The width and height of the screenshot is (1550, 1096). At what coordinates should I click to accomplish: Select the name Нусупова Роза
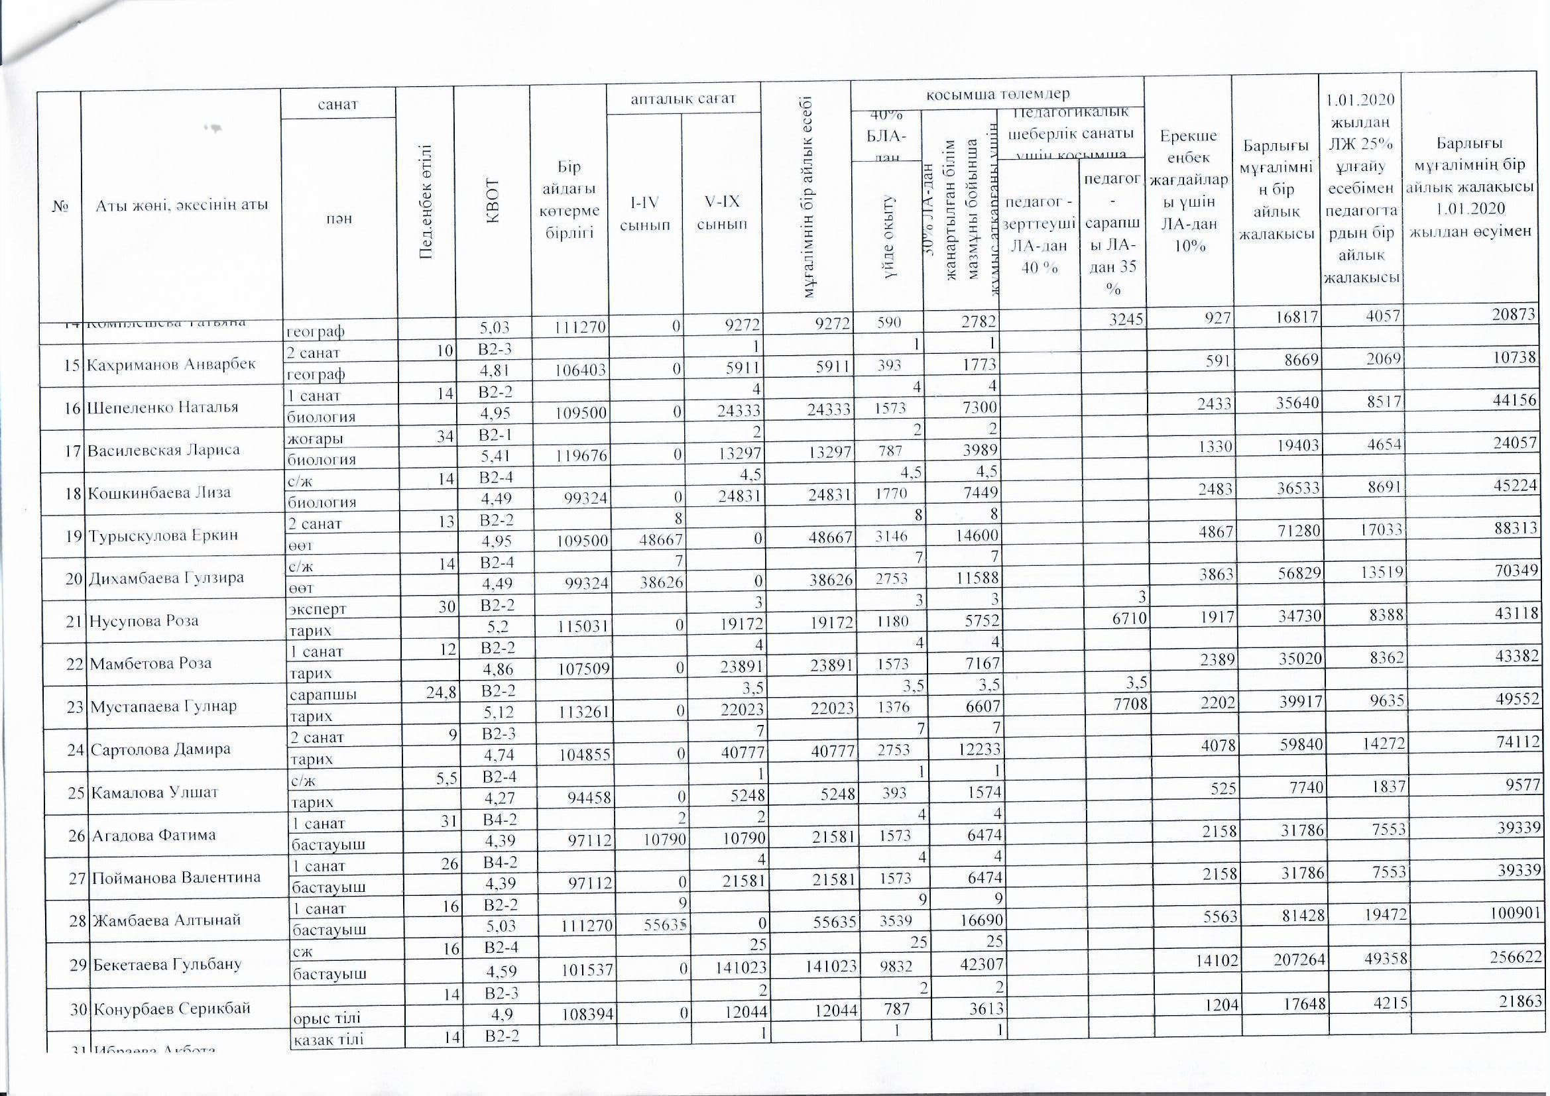coord(144,621)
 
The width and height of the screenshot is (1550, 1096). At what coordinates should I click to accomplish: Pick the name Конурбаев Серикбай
coord(172,1009)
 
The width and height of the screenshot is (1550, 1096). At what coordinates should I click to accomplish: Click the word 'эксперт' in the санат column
coord(318,609)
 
